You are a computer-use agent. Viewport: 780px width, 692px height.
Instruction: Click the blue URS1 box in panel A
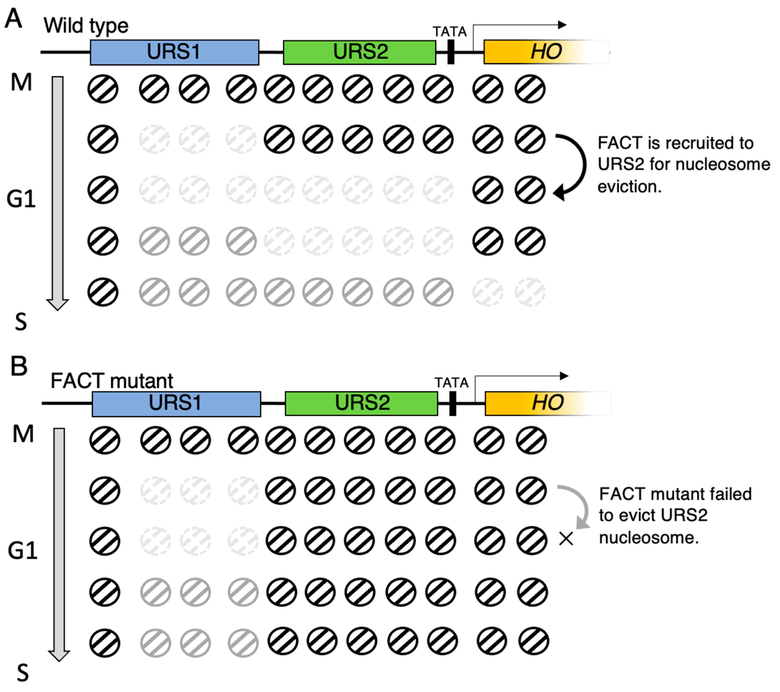pyautogui.click(x=174, y=52)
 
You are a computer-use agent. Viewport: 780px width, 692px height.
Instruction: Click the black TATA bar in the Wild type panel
pyautogui.click(x=451, y=52)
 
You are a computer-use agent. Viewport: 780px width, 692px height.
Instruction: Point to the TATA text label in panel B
pyautogui.click(x=451, y=382)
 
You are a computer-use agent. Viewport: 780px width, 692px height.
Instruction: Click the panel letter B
pyautogui.click(x=19, y=366)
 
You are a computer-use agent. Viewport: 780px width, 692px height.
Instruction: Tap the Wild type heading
pyautogui.click(x=86, y=26)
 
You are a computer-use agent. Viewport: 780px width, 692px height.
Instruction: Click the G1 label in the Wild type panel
pyautogui.click(x=21, y=199)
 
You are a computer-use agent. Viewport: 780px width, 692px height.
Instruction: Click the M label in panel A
pyautogui.click(x=21, y=82)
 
